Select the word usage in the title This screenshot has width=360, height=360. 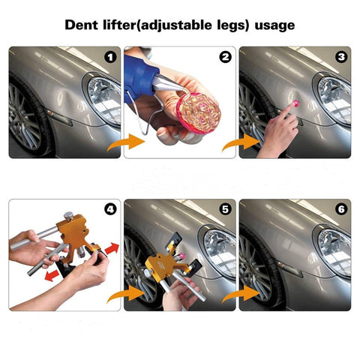coord(272,25)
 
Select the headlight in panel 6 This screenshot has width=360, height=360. coord(333,250)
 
